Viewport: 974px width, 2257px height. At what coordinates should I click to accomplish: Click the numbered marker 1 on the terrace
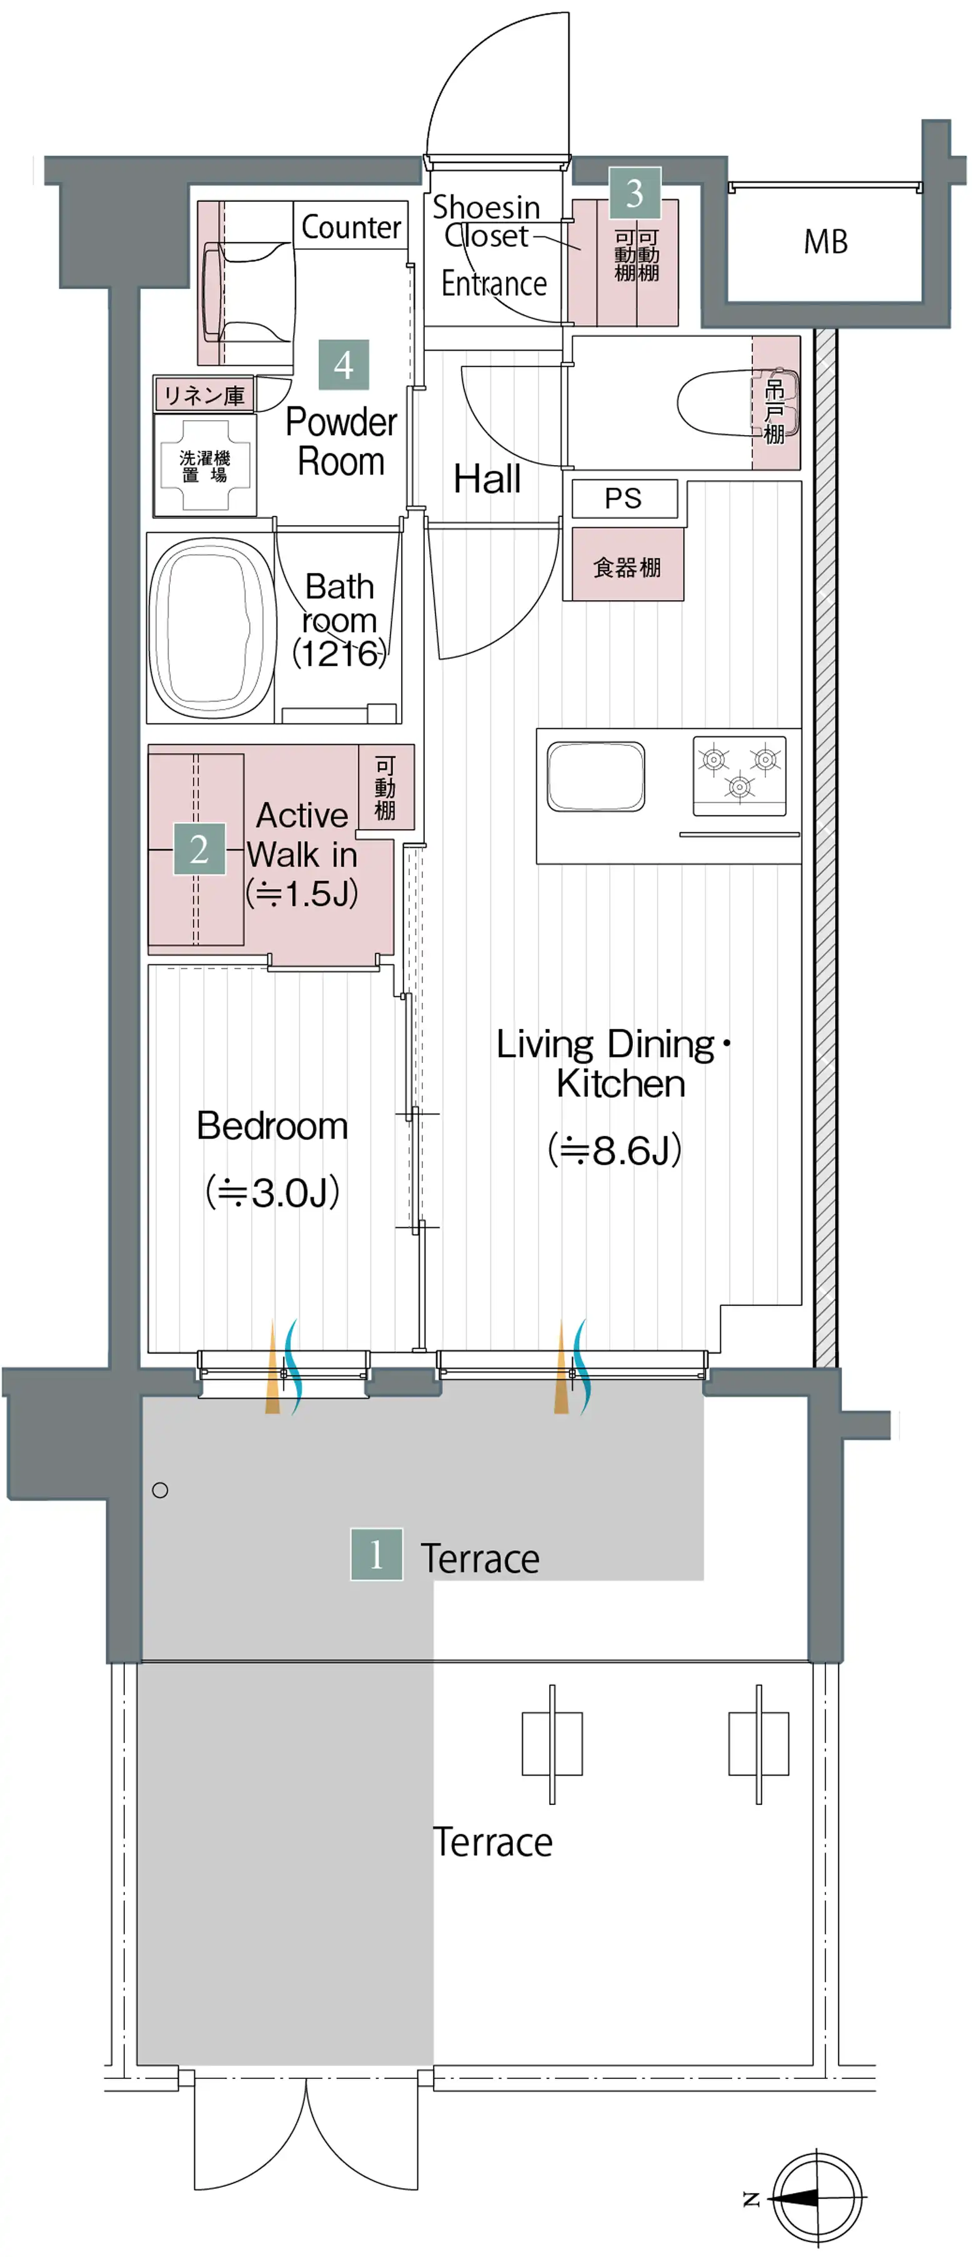point(377,1554)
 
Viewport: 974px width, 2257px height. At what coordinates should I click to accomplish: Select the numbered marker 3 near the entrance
point(635,193)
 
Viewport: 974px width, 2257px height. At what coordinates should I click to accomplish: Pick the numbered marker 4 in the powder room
point(344,364)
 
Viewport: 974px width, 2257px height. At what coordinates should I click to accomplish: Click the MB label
point(825,242)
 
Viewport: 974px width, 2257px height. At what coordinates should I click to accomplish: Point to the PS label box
point(624,498)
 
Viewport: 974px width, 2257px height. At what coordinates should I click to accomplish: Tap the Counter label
point(350,228)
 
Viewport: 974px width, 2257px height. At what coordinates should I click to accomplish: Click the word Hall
point(487,480)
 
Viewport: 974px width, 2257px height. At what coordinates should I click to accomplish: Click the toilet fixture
point(737,404)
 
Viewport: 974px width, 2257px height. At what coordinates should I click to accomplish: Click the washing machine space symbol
point(205,465)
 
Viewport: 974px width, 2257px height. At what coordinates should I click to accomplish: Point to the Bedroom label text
point(272,1126)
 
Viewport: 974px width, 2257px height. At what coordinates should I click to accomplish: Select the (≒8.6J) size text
point(615,1150)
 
